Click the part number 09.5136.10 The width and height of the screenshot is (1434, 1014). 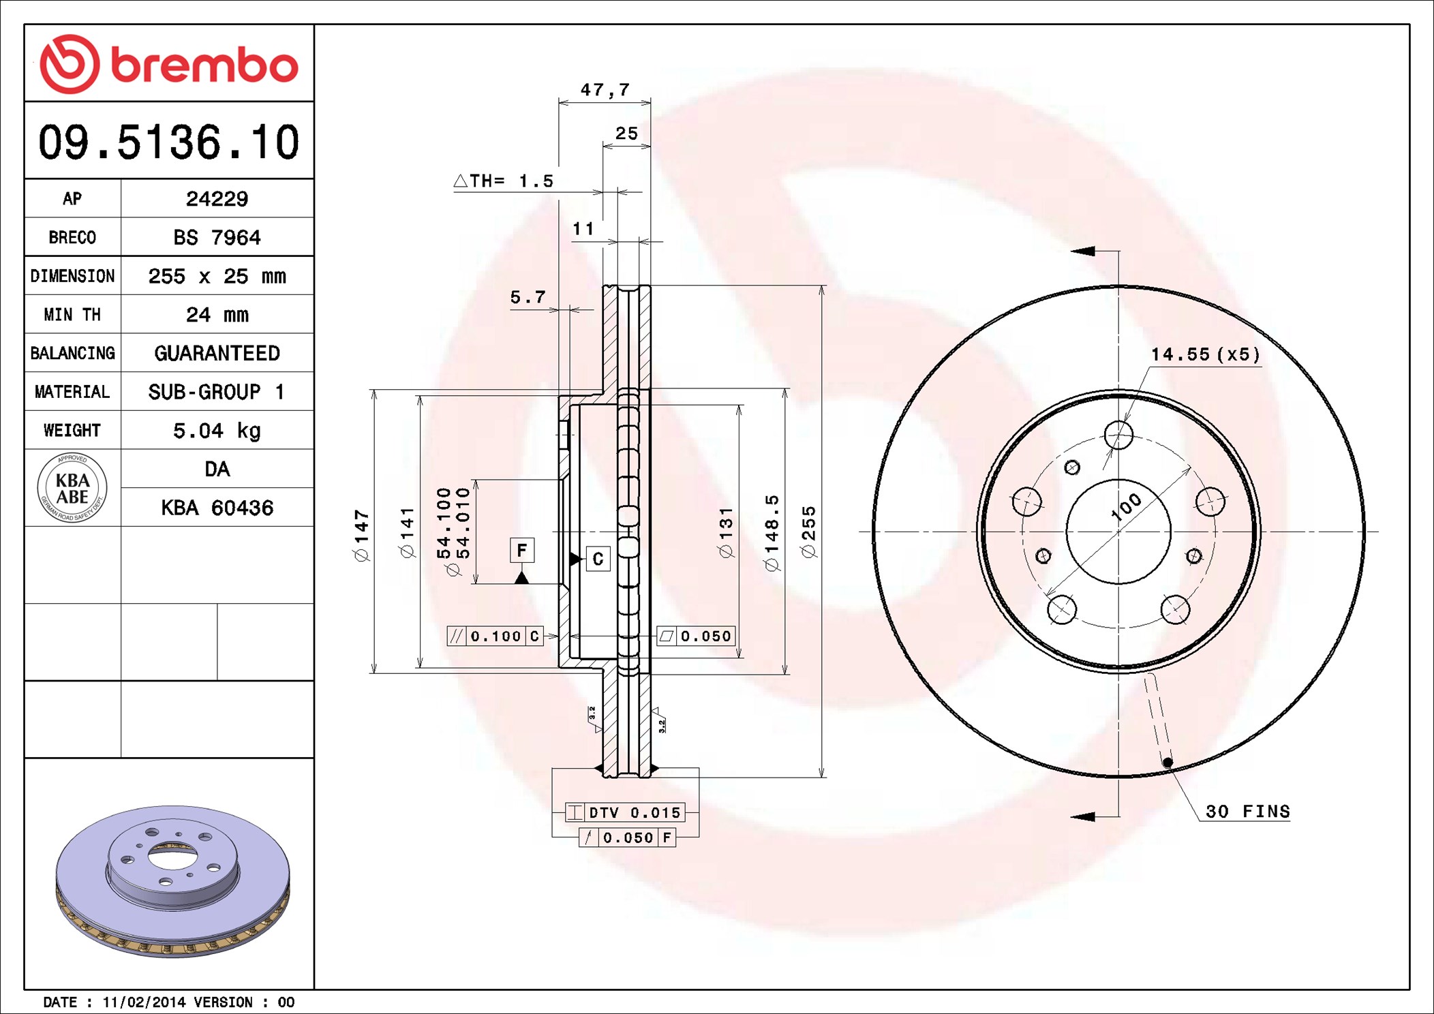[169, 142]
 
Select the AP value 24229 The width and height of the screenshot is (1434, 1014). [217, 199]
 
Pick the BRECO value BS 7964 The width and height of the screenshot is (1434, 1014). [217, 237]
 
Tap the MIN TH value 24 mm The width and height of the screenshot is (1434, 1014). [217, 315]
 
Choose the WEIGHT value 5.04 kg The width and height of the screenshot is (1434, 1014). [217, 431]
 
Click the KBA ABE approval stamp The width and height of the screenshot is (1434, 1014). [72, 488]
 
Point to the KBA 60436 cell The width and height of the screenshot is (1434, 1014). [217, 508]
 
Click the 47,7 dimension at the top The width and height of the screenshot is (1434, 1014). [605, 89]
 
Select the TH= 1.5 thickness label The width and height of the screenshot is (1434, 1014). [504, 181]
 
